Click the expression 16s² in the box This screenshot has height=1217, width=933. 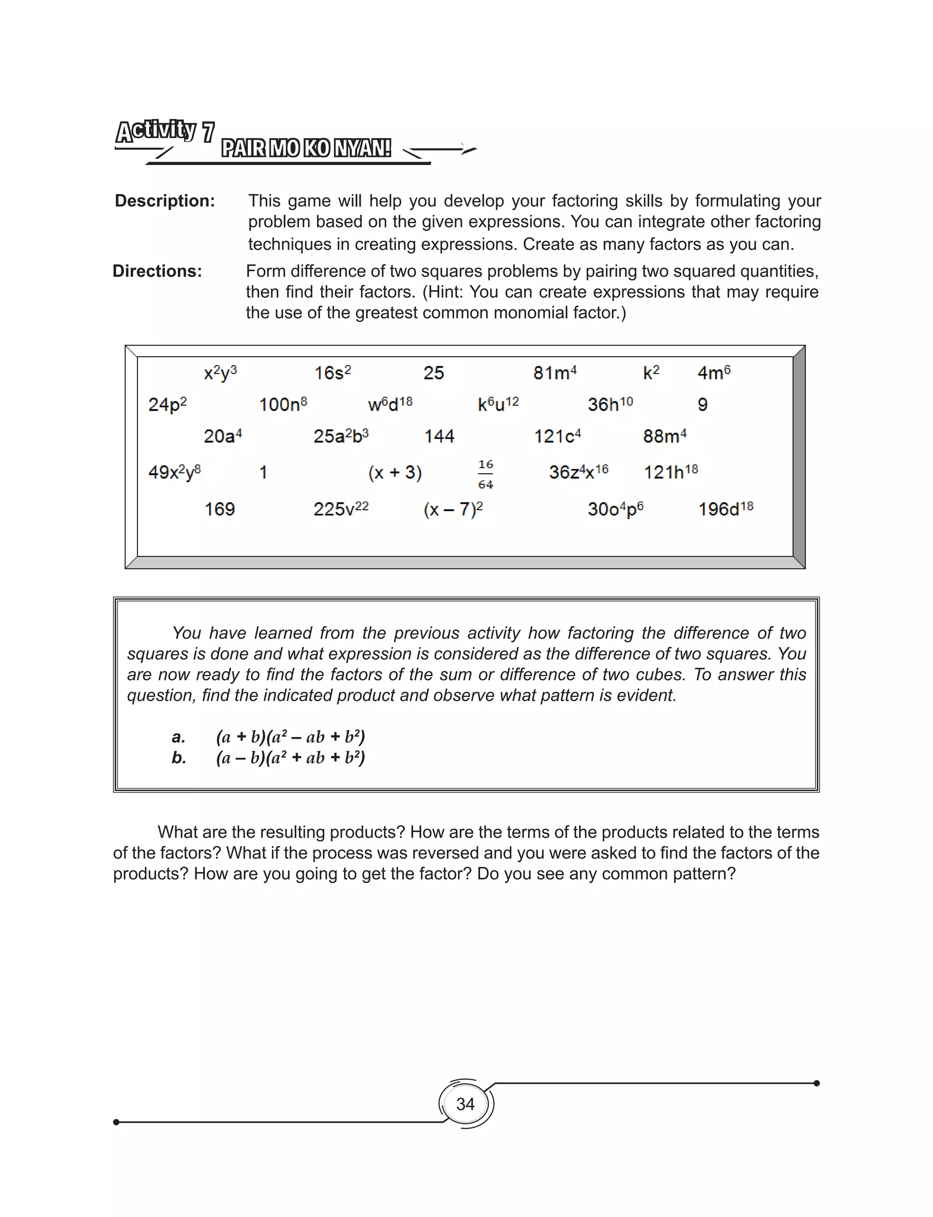click(x=332, y=373)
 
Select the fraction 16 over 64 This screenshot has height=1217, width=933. click(x=485, y=474)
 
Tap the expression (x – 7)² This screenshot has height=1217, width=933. click(x=453, y=509)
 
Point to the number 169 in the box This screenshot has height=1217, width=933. click(x=220, y=509)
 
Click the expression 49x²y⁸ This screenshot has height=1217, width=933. click(x=174, y=472)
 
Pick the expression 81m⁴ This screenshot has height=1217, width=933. click(x=555, y=373)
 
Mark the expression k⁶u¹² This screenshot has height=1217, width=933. click(x=498, y=404)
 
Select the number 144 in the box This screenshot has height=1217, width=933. click(x=439, y=436)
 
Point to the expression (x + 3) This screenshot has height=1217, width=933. click(x=395, y=472)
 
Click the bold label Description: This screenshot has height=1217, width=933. click(x=164, y=201)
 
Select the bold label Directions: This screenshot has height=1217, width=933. click(x=157, y=271)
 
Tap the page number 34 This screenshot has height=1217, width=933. click(x=466, y=1103)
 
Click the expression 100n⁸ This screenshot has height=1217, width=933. click(x=282, y=404)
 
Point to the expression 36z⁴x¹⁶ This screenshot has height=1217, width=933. click(x=578, y=472)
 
